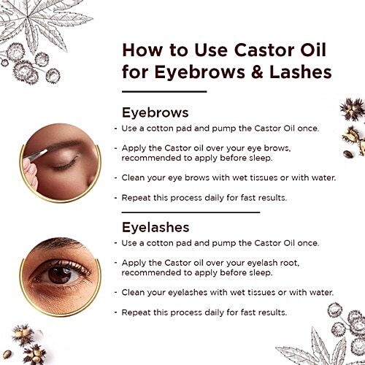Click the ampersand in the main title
click(257, 72)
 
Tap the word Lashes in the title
click(301, 72)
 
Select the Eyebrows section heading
click(155, 113)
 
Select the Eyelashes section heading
click(155, 228)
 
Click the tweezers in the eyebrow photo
click(36, 155)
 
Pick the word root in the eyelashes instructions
click(288, 263)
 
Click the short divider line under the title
click(164, 92)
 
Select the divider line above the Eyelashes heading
click(191, 212)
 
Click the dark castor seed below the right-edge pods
click(348, 154)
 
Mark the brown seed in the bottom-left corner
click(7, 354)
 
